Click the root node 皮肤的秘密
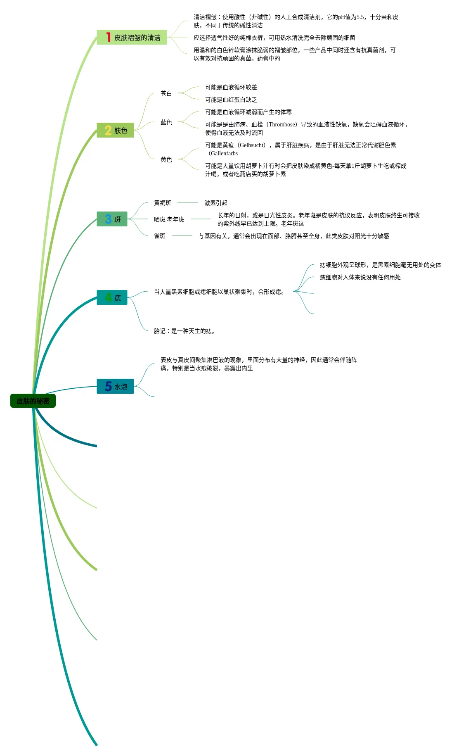coord(33,401)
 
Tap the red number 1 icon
coord(108,37)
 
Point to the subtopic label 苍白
coord(166,94)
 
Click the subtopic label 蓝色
coord(166,122)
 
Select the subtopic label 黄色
coord(166,159)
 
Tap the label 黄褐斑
coord(162,203)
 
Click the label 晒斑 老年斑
coord(169,219)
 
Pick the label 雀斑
coord(159,236)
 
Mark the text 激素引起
coord(215,203)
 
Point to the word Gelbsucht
coord(251,145)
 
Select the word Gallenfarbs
coord(224,153)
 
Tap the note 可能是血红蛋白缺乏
coord(231,100)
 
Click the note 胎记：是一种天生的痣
coord(184,331)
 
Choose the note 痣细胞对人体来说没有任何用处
coord(360,277)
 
